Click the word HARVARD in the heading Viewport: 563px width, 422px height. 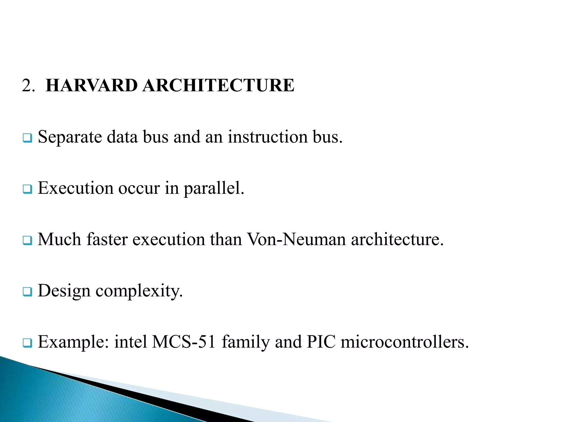click(92, 85)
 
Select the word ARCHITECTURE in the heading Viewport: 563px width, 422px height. click(219, 85)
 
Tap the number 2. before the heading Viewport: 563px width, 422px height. click(28, 86)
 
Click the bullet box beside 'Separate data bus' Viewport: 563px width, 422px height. click(27, 138)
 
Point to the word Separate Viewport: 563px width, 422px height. click(70, 137)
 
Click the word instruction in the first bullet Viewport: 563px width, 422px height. click(267, 137)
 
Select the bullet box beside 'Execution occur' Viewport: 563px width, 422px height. click(27, 189)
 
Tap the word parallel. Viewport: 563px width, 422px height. click(214, 188)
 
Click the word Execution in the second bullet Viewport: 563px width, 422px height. click(76, 188)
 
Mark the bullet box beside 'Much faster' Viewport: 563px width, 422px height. click(27, 240)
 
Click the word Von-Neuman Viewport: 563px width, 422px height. click(296, 239)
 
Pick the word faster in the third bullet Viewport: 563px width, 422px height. click(107, 239)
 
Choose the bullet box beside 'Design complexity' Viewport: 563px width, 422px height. click(27, 292)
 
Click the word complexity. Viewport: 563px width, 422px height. click(139, 291)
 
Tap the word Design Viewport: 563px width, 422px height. click(64, 291)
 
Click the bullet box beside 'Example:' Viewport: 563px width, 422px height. click(27, 343)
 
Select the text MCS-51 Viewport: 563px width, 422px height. click(184, 342)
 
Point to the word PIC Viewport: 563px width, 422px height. click(321, 342)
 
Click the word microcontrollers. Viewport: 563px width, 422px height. click(404, 342)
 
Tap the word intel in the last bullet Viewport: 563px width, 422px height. click(131, 342)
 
